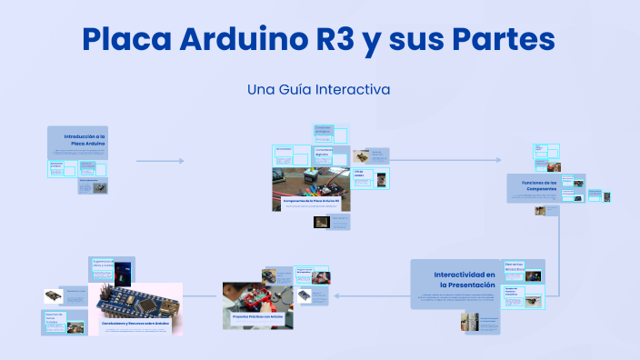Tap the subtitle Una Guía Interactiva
click(318, 90)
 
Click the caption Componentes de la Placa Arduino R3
click(311, 199)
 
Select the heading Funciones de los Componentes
click(545, 185)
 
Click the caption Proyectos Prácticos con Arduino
click(257, 315)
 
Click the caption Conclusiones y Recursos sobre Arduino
click(135, 323)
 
